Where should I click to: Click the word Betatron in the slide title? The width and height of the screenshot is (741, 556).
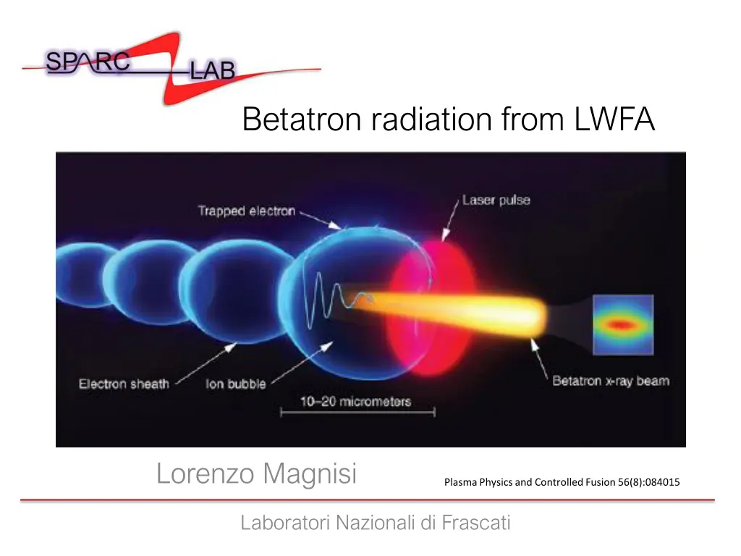click(x=303, y=119)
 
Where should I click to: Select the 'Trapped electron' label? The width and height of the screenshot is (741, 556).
click(x=246, y=211)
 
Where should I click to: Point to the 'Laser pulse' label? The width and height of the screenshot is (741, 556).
click(x=496, y=200)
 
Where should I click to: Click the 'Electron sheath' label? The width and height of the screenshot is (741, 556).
click(x=124, y=384)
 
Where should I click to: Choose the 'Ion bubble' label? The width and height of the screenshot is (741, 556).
click(x=236, y=384)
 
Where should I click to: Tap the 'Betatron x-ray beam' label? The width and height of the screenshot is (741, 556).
click(x=610, y=381)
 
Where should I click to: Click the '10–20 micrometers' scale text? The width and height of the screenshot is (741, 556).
click(x=356, y=401)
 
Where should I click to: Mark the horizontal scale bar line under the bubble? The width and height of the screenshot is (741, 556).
click(x=357, y=413)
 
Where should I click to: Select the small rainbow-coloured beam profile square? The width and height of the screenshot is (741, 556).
click(x=623, y=324)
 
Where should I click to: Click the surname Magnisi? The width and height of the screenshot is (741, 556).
click(x=310, y=474)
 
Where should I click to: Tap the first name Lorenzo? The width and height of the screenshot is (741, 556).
click(x=206, y=474)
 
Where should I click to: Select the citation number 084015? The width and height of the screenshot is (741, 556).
click(x=657, y=482)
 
